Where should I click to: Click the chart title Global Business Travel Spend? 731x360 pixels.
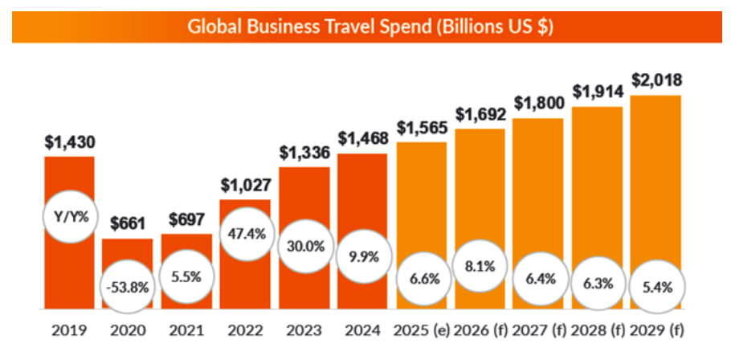[370, 26]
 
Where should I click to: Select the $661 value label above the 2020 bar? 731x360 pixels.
[127, 223]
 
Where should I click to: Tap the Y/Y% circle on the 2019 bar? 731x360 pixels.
[68, 218]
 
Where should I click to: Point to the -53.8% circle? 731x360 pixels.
[127, 286]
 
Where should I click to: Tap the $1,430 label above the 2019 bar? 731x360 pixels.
[69, 142]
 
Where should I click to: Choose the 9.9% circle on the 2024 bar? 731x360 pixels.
[362, 257]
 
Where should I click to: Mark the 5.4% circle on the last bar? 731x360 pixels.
[656, 285]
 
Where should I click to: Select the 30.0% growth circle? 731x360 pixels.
[304, 247]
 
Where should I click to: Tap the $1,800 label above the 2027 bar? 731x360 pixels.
[538, 103]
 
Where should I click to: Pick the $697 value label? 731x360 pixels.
[186, 219]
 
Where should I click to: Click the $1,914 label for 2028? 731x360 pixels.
[597, 92]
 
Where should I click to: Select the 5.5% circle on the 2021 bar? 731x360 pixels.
[186, 273]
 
